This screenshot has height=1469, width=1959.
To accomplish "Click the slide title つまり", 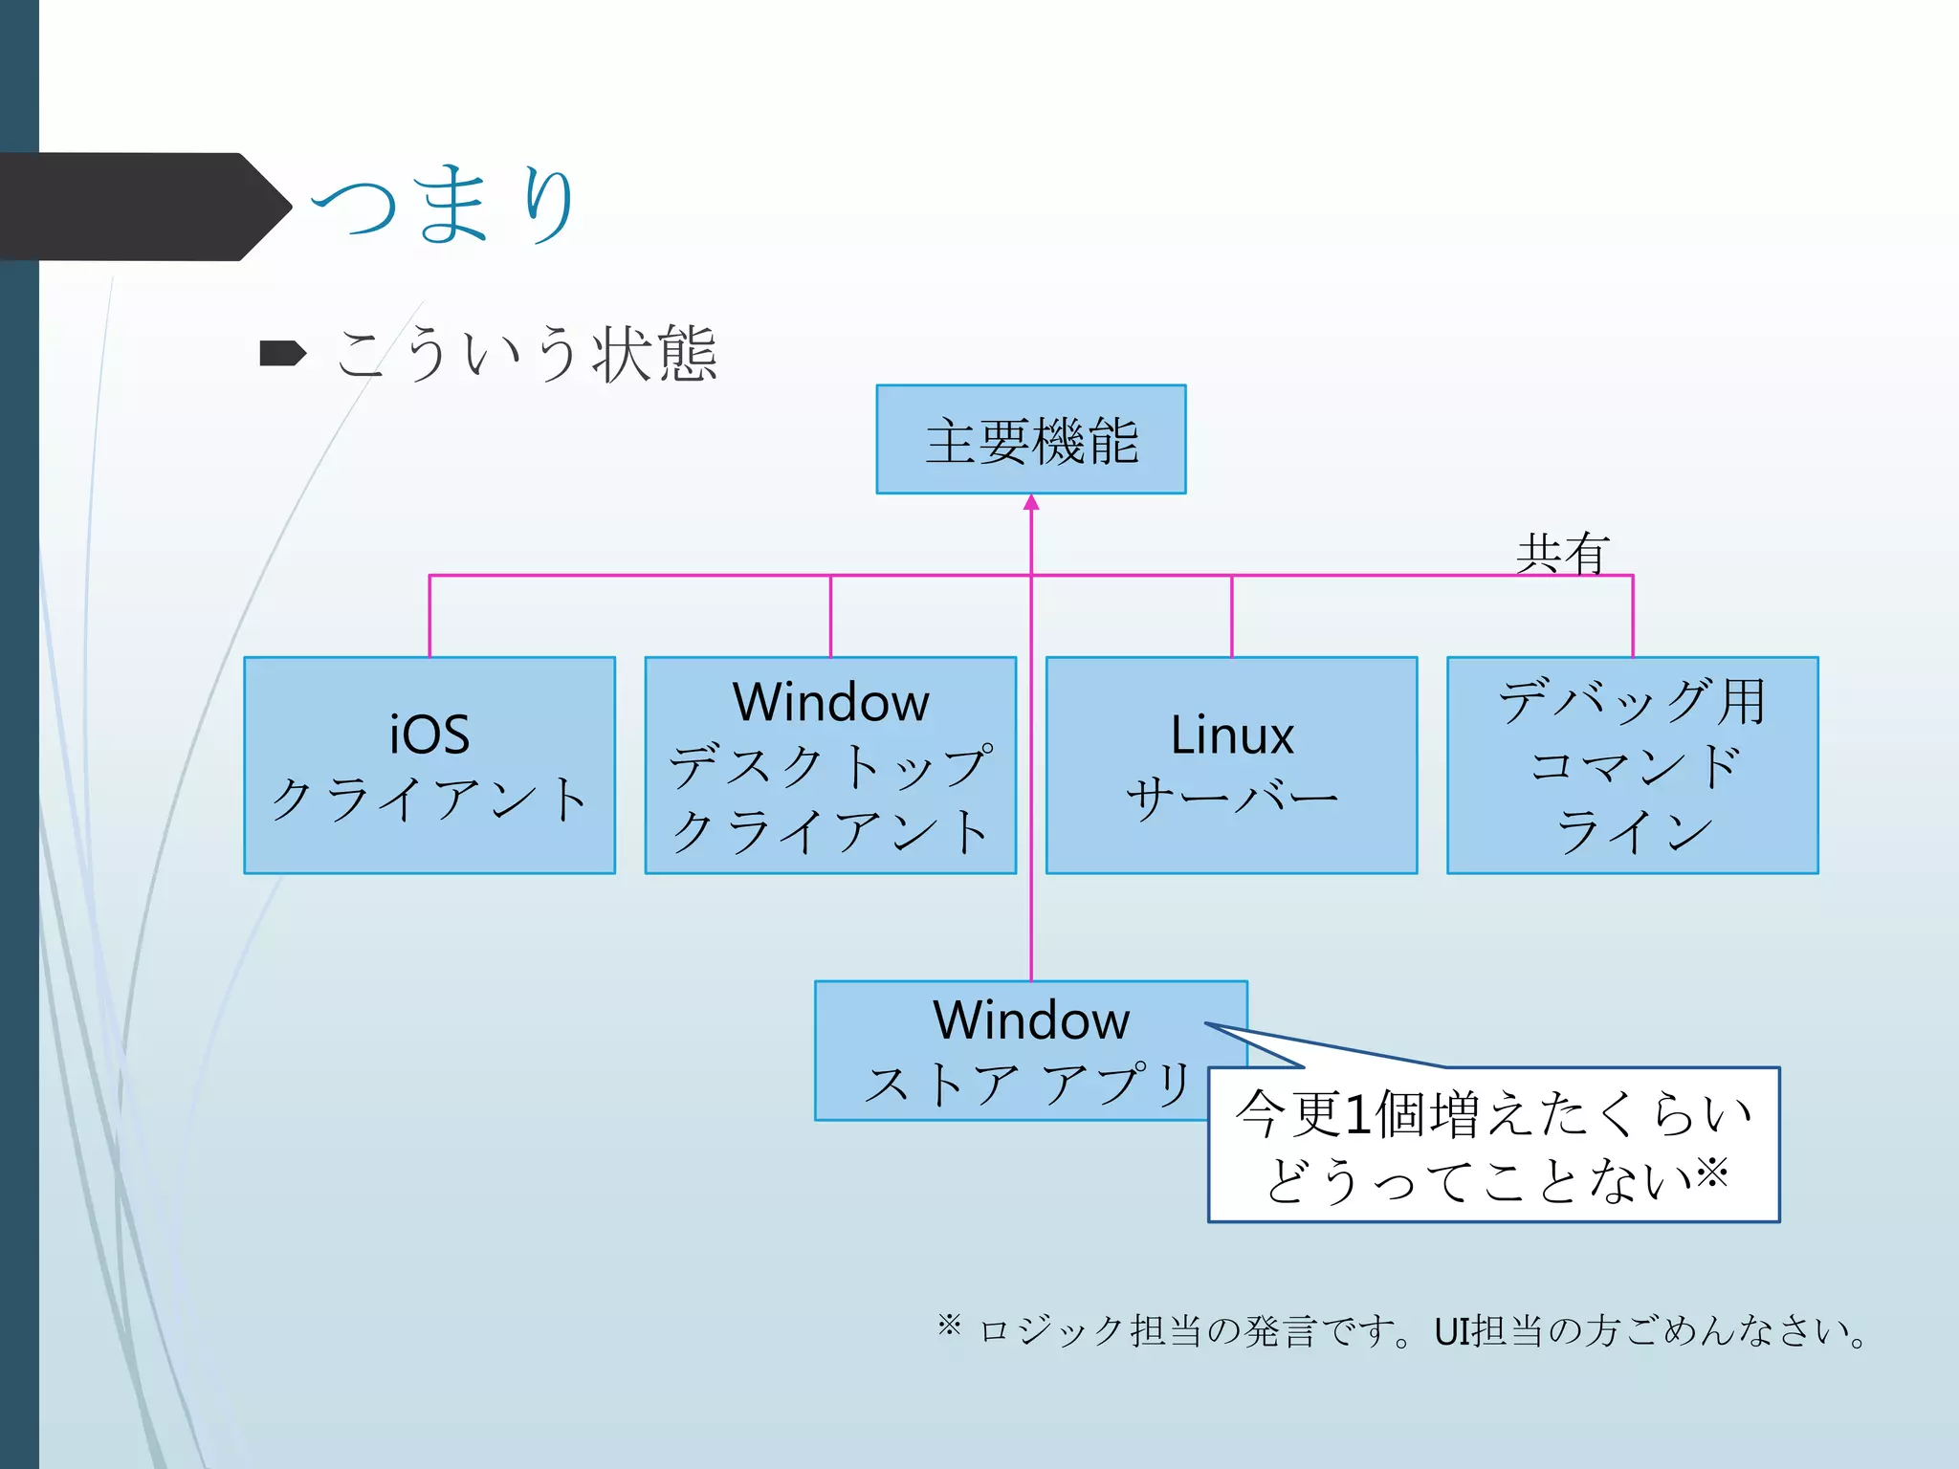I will (x=445, y=205).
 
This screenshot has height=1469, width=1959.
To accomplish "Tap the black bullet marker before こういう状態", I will (x=282, y=354).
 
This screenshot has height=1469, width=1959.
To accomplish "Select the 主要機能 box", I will (x=1030, y=440).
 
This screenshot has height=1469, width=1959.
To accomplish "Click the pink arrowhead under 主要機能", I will (x=1031, y=503).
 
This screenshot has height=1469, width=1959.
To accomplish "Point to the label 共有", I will (x=1563, y=553).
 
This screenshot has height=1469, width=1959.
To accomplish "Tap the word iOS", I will (x=429, y=734).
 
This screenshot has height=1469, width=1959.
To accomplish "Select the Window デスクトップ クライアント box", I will (x=830, y=765).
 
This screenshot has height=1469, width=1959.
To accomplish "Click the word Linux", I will (x=1232, y=734).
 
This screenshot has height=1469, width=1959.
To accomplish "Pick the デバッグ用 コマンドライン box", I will (x=1632, y=765).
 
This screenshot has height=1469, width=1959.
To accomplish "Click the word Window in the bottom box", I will (x=1031, y=1020).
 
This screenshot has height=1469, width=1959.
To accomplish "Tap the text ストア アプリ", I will (x=1027, y=1085).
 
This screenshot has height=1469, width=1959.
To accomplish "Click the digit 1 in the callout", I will (x=1357, y=1115).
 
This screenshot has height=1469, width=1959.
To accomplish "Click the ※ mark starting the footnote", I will (x=949, y=1325).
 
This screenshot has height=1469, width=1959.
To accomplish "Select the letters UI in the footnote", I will (x=1451, y=1331).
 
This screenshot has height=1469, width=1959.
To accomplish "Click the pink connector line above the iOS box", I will (x=429, y=616).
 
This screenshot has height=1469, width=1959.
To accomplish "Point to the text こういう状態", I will (x=526, y=354).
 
